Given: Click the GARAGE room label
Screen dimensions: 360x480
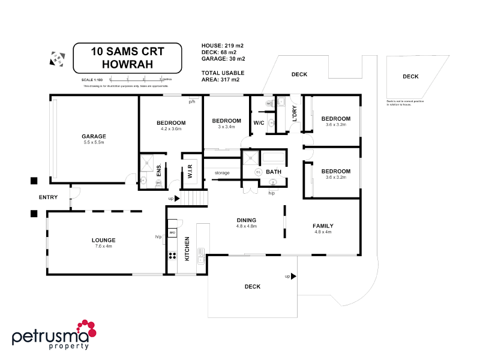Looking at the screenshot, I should [x=94, y=136].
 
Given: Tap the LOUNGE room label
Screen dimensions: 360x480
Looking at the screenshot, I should [x=104, y=240].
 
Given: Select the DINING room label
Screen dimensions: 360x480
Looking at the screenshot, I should [x=247, y=220].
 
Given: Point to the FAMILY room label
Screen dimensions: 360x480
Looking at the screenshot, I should [x=323, y=226].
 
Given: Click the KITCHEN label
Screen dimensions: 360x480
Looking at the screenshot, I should [x=187, y=248].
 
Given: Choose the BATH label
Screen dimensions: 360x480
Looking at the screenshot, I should [x=274, y=172].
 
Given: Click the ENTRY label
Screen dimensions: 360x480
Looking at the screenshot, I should [x=48, y=197].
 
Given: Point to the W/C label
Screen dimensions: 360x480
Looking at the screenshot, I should [x=259, y=123].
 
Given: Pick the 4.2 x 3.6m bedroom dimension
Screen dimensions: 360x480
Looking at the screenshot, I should [x=171, y=128].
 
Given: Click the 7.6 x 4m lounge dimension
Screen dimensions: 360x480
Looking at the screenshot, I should [x=104, y=246].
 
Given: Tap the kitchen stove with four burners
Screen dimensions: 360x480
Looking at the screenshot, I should [x=172, y=255].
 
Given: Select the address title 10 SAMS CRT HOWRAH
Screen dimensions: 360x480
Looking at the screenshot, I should [x=127, y=57].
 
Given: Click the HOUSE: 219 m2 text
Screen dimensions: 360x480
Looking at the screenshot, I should [x=221, y=46].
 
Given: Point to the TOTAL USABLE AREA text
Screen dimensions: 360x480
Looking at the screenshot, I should [x=221, y=76].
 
